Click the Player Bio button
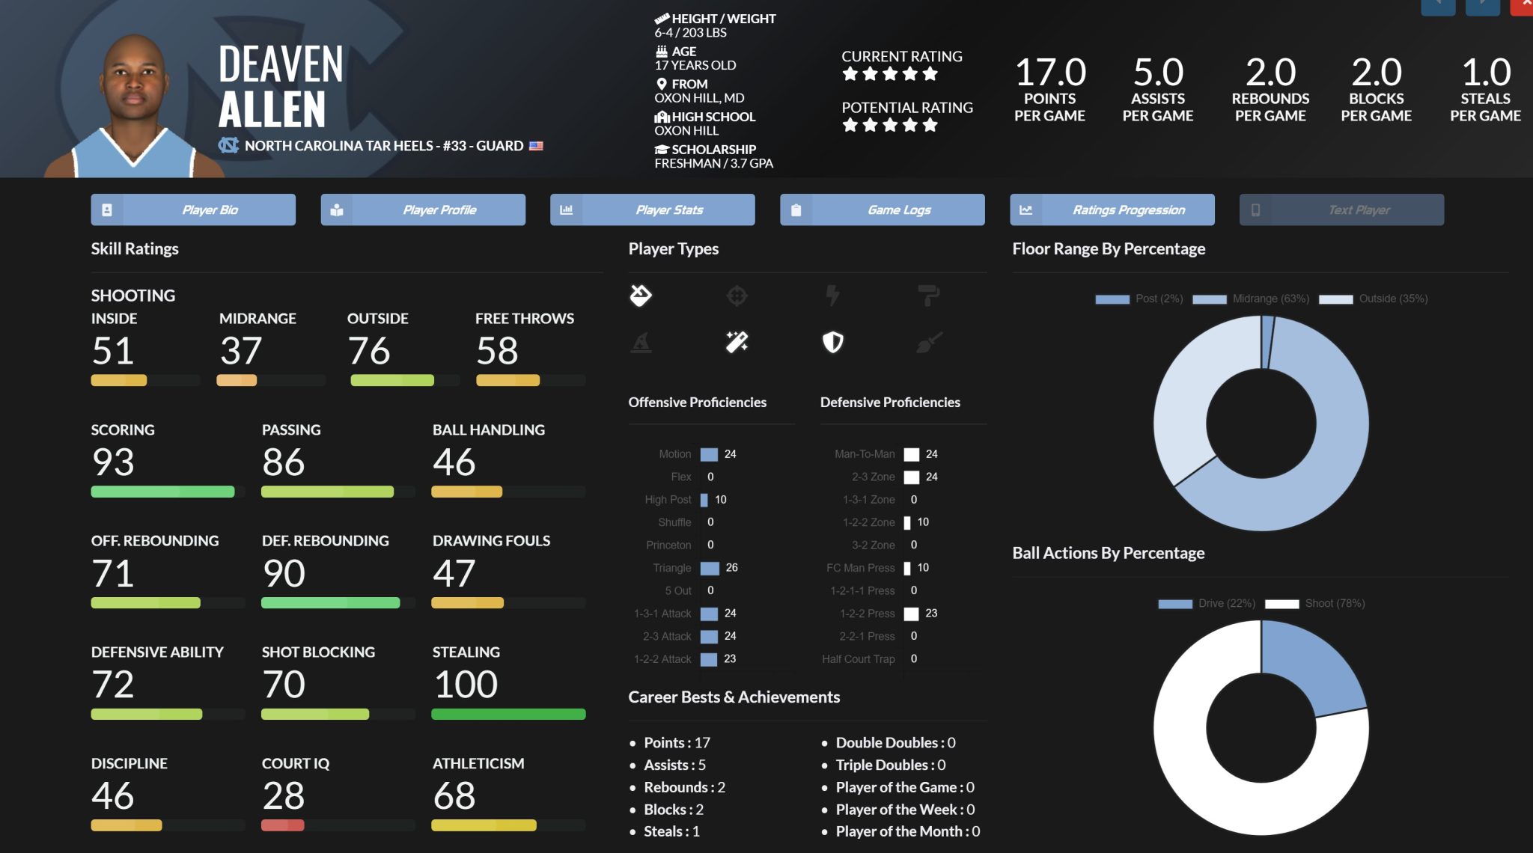(x=193, y=210)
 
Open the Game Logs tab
(x=882, y=210)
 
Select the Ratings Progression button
(x=1112, y=210)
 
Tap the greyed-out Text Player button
(x=1341, y=210)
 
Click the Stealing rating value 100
(x=466, y=685)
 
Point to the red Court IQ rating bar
(x=282, y=825)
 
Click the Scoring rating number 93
(x=113, y=462)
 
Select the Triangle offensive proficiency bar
(x=710, y=569)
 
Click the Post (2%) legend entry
(x=1139, y=299)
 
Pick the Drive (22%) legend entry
(x=1207, y=604)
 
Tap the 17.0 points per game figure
(x=1050, y=73)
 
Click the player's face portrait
(x=134, y=82)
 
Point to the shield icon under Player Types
(x=832, y=343)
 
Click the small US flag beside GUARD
(x=536, y=146)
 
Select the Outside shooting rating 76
(x=369, y=351)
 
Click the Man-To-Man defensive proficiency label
(x=865, y=454)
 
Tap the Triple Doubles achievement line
(x=890, y=765)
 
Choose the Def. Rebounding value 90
(x=284, y=574)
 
